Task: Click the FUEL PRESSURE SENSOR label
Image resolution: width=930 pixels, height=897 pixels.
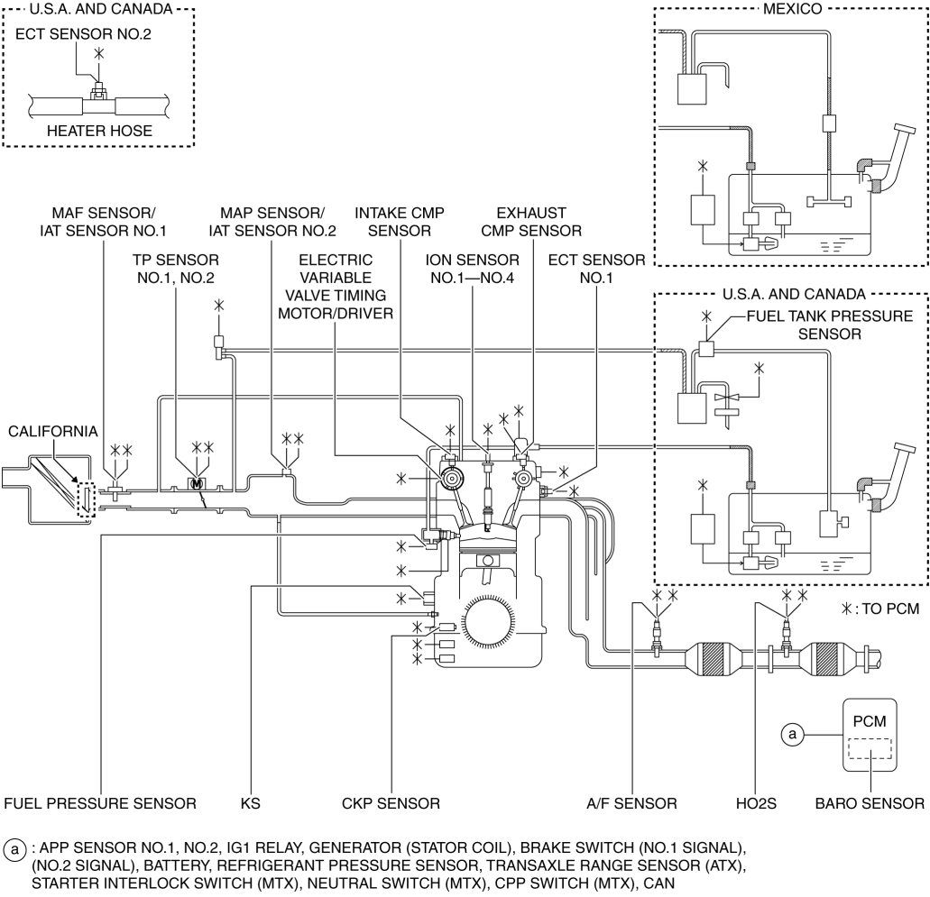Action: pos(99,803)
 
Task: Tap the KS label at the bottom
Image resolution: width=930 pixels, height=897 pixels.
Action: pos(250,803)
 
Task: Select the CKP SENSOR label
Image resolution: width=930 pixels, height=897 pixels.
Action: pos(391,803)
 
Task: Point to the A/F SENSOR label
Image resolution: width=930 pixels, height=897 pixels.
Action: pos(631,803)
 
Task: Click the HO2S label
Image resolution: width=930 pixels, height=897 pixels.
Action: pos(756,803)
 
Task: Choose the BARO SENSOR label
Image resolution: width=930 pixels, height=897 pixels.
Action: pos(870,803)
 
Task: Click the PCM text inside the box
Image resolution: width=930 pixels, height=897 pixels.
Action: pos(870,721)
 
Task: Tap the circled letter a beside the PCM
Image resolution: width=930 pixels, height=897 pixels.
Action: pos(792,735)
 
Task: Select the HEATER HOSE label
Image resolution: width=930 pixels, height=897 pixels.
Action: pos(99,131)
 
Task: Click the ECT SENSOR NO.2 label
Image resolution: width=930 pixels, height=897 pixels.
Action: pos(83,33)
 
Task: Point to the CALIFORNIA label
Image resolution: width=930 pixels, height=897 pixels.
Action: pos(53,431)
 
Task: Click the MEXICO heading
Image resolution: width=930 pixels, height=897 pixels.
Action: pos(792,9)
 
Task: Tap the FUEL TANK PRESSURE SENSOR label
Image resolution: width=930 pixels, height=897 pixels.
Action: pos(829,325)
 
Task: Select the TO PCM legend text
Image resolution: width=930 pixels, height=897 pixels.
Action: pos(890,609)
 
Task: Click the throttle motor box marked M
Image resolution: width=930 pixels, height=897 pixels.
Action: pos(197,484)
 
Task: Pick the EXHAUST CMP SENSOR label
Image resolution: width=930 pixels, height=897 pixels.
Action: pos(530,222)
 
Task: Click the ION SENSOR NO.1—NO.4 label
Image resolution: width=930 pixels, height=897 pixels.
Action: pos(472,269)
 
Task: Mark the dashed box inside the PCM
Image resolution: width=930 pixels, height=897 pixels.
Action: pos(870,748)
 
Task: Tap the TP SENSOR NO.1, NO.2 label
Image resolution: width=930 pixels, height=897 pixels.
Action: pos(176,269)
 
